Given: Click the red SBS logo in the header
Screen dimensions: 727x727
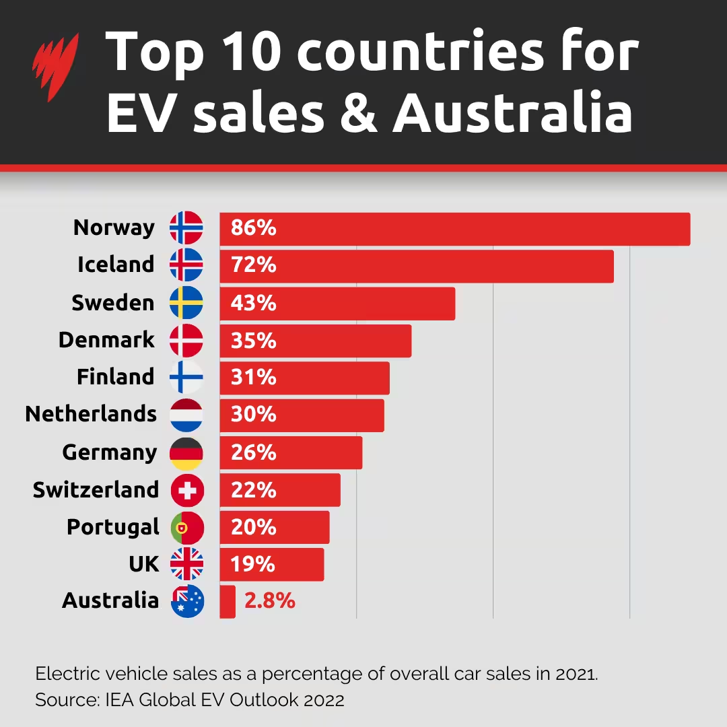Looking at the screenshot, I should [x=55, y=67].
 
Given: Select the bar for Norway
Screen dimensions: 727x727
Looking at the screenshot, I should [x=454, y=229].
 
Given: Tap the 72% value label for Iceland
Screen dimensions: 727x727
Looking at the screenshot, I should [x=253, y=266].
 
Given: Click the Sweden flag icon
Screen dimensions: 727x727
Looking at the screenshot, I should [x=186, y=303].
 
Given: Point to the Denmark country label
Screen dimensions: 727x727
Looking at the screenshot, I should [x=106, y=340].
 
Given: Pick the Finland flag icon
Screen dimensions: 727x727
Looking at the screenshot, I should [x=186, y=378].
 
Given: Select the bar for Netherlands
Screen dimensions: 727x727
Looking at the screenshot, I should [x=302, y=415].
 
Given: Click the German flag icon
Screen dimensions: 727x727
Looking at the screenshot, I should [x=186, y=453].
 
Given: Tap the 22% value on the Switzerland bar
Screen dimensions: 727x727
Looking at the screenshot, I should [x=253, y=490].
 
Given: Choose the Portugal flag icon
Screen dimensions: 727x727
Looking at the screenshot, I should [x=186, y=528].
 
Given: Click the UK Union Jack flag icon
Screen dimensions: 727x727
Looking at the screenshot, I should [x=186, y=564].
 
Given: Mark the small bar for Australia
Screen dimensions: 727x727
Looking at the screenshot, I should [x=228, y=601].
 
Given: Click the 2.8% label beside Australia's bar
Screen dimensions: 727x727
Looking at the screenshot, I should [x=269, y=601].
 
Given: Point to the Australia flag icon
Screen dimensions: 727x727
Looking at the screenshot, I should [x=188, y=601].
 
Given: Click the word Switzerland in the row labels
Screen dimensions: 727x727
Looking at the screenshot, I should [x=96, y=490].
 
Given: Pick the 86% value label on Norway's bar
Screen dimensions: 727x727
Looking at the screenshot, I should [x=253, y=228].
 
